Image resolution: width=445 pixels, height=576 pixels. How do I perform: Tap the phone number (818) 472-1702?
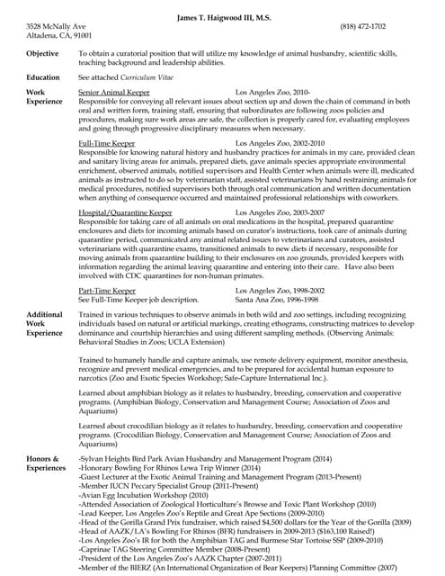click(386, 27)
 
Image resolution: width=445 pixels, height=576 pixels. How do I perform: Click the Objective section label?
click(43, 54)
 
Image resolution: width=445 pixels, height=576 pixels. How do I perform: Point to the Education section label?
click(43, 78)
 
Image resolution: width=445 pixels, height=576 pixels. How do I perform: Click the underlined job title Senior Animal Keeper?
click(112, 93)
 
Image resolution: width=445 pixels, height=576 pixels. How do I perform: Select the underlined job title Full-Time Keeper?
click(107, 143)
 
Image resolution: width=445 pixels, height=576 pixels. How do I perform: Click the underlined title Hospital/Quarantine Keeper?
click(125, 212)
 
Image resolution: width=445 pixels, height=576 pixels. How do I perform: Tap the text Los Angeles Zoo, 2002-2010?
click(280, 143)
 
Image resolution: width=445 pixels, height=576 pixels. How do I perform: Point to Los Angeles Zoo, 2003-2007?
click(280, 212)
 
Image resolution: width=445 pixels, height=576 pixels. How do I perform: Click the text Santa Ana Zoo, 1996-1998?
click(277, 299)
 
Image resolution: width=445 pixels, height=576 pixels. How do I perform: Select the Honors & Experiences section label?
click(46, 464)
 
